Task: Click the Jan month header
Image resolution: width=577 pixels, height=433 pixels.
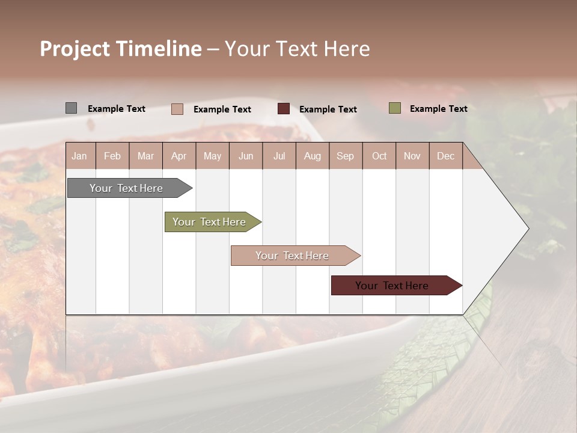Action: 79,156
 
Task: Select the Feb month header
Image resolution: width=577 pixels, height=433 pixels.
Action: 112,156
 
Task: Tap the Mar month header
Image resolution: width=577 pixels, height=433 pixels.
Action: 145,156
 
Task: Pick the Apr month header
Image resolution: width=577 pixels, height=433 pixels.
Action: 179,156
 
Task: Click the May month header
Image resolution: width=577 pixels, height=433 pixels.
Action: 212,156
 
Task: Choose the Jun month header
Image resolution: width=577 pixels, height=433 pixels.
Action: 246,156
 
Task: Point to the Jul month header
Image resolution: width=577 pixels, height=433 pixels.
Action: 279,156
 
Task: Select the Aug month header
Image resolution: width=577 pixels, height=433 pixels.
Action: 312,156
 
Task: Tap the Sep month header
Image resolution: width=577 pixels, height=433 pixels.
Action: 345,156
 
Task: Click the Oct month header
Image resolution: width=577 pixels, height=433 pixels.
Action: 379,156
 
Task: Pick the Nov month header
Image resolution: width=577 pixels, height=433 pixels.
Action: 412,156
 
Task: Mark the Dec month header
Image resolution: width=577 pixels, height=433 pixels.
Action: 445,156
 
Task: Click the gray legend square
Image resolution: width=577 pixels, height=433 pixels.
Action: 71,108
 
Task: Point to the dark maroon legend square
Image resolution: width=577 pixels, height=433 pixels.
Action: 284,109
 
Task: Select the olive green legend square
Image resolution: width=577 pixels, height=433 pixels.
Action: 394,108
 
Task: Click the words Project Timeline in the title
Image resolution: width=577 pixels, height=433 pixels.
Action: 121,49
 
